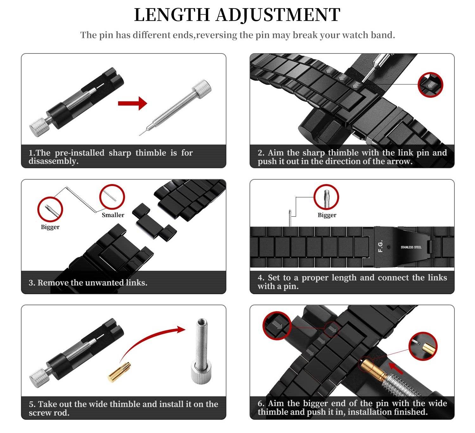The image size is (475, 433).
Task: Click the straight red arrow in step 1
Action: click(x=132, y=103)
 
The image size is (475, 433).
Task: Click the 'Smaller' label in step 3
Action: click(x=113, y=215)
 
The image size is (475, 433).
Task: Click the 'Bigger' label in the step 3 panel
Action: click(x=50, y=227)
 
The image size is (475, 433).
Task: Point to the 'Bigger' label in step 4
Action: click(x=327, y=215)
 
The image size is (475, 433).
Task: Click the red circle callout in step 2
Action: click(x=430, y=85)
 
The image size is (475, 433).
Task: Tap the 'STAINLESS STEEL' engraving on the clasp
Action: click(x=411, y=247)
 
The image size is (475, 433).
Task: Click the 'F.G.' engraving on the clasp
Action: click(x=381, y=246)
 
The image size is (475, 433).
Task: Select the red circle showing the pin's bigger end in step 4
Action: click(x=326, y=197)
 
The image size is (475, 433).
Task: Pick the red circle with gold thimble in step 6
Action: click(x=423, y=346)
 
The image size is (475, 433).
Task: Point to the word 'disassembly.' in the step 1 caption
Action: click(x=53, y=161)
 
